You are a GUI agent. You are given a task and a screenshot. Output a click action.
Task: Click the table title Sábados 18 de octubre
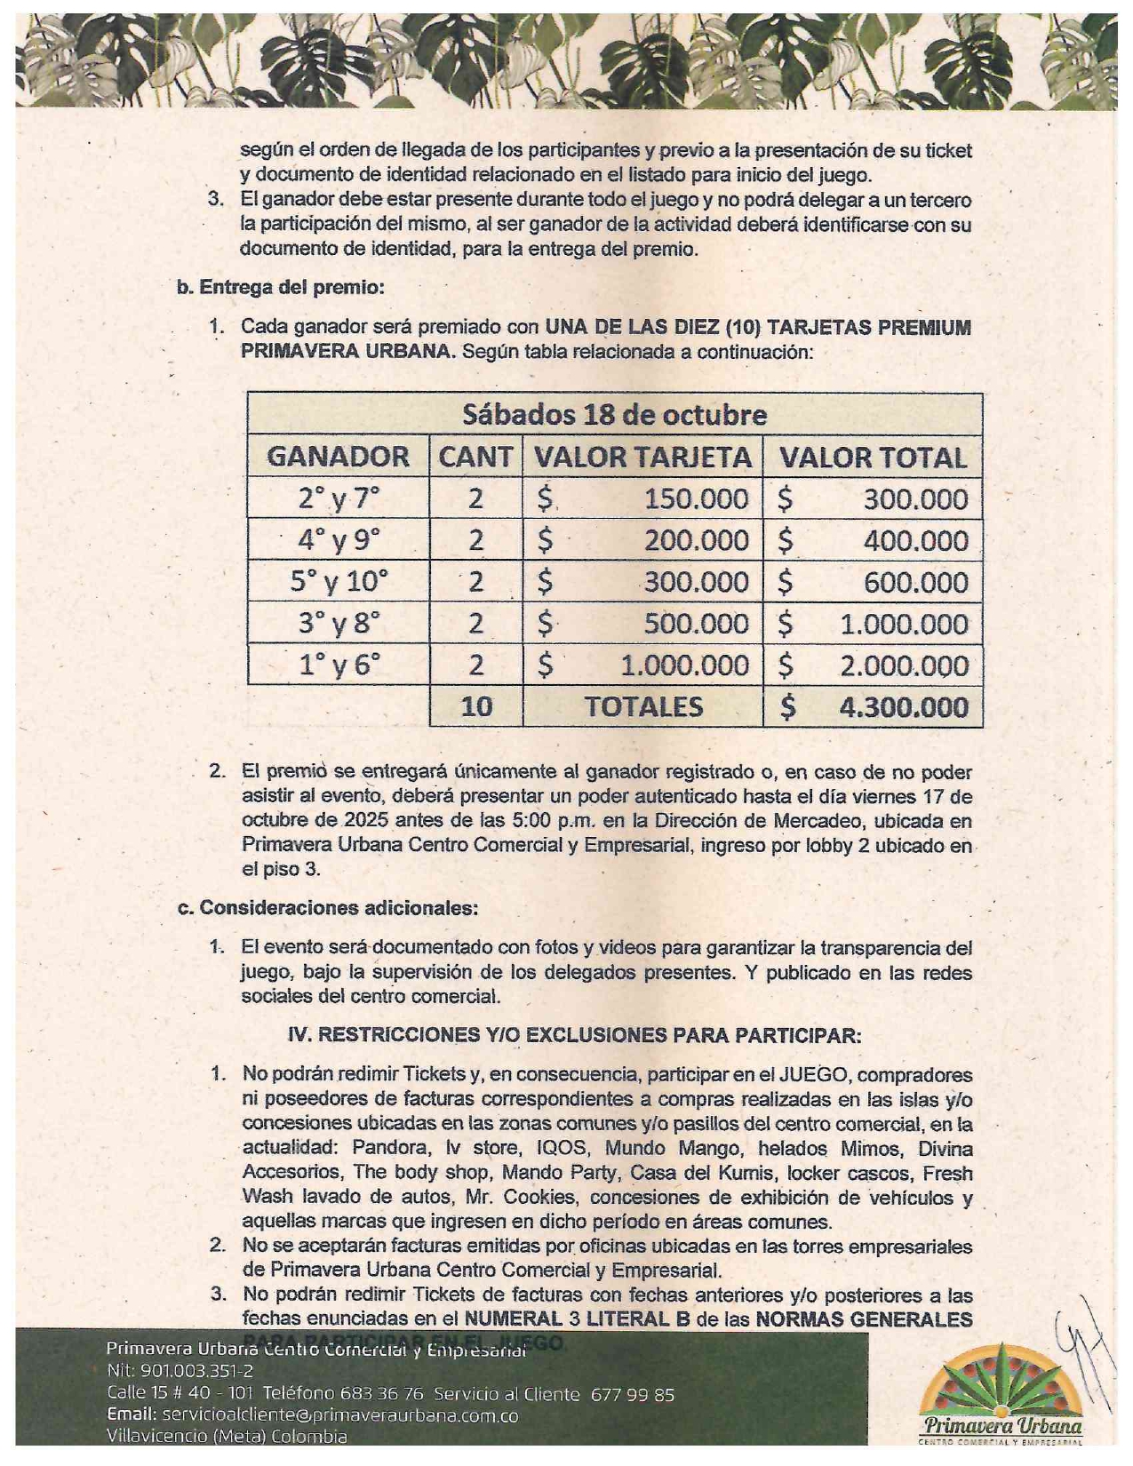pos(614,415)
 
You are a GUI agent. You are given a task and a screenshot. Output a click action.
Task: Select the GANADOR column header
pos(338,457)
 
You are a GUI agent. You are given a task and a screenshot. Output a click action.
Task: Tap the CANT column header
pos(475,457)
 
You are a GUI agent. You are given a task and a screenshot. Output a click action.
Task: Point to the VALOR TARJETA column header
pos(642,457)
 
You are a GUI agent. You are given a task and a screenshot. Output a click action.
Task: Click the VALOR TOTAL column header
pos(873,457)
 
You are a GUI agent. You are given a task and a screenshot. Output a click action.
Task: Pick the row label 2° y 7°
pos(338,498)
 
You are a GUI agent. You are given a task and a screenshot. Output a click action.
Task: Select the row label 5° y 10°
pos(339,582)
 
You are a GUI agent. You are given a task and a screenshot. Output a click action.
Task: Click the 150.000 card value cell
pos(696,498)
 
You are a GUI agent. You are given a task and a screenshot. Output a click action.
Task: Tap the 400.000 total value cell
pos(915,540)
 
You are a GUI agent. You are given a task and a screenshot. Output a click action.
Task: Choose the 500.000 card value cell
pos(696,624)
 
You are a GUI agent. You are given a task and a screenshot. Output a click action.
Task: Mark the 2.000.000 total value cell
pos(904,665)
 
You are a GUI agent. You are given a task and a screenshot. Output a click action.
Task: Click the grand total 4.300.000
pos(904,707)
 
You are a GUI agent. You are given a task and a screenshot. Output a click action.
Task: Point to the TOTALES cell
pos(642,707)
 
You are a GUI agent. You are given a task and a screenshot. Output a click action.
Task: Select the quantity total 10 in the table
pos(476,707)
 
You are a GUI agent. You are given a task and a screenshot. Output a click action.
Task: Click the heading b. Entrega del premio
pos(281,288)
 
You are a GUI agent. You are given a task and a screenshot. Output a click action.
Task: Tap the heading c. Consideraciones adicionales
pos(328,908)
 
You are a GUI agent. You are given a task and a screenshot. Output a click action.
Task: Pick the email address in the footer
pos(340,1415)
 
